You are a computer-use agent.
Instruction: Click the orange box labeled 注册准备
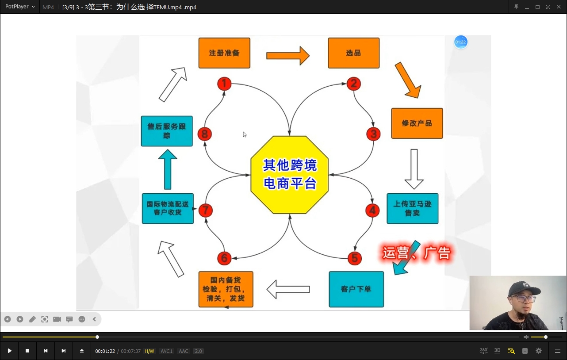(x=224, y=53)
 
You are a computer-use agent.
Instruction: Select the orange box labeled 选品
(x=353, y=53)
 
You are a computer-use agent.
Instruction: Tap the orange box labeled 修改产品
(x=417, y=123)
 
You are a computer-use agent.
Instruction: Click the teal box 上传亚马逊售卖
(x=412, y=208)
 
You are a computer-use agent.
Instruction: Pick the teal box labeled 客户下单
(x=356, y=289)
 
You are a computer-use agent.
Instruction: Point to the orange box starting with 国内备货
(x=226, y=289)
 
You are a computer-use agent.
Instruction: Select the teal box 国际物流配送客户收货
(x=168, y=208)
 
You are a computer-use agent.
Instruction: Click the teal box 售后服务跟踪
(x=167, y=131)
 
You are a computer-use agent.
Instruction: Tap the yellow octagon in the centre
(x=290, y=175)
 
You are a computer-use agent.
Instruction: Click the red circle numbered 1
(x=224, y=84)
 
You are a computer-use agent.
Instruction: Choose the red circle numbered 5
(x=354, y=258)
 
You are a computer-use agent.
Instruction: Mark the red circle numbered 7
(x=205, y=211)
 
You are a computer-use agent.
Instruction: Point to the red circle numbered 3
(x=373, y=134)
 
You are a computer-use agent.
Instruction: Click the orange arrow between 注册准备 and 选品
(x=287, y=56)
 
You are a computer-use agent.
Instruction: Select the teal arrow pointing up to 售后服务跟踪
(x=168, y=169)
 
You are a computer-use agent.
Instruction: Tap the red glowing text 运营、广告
(x=416, y=253)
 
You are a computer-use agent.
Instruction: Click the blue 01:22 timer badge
(x=461, y=42)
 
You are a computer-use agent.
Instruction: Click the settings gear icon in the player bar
(x=539, y=351)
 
